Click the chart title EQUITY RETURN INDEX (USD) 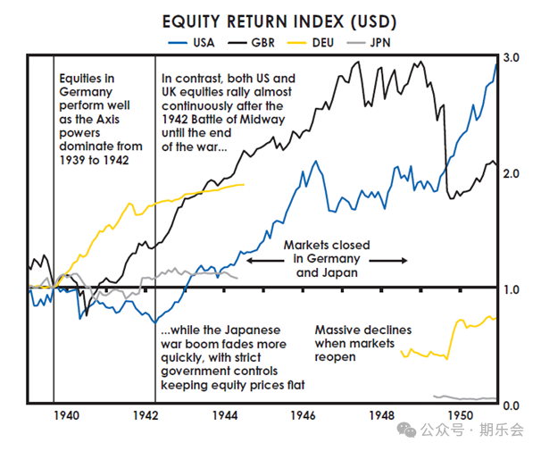(x=267, y=21)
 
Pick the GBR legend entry (x=263, y=41)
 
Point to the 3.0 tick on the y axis (x=511, y=57)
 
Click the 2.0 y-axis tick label (x=511, y=172)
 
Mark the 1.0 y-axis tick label (x=511, y=289)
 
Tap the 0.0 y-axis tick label (x=511, y=405)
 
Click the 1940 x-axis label (x=67, y=416)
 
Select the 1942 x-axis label (x=146, y=416)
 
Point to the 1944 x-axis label (x=225, y=416)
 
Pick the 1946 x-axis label (x=304, y=416)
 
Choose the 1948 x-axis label (x=382, y=416)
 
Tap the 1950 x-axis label (x=461, y=416)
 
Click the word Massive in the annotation (x=337, y=330)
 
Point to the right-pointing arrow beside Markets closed (x=388, y=260)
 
